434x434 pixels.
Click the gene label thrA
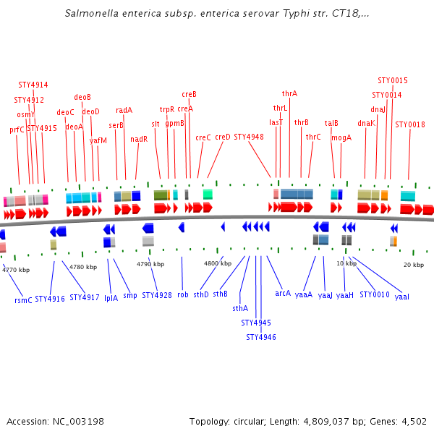click(289, 93)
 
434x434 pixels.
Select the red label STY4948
click(249, 137)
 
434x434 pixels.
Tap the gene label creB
click(189, 94)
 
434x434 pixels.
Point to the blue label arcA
click(283, 293)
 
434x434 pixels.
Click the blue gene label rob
click(182, 294)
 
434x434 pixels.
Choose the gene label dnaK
click(366, 123)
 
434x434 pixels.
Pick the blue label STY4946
click(260, 336)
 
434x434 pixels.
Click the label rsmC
click(23, 299)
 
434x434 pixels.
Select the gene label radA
click(124, 110)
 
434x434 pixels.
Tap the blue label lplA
click(111, 297)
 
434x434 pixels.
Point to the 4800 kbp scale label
click(217, 263)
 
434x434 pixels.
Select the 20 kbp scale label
click(413, 265)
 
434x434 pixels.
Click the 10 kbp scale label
click(346, 263)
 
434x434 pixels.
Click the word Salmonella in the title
click(91, 14)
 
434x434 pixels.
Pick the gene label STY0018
click(410, 124)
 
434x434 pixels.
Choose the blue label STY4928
click(157, 295)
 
